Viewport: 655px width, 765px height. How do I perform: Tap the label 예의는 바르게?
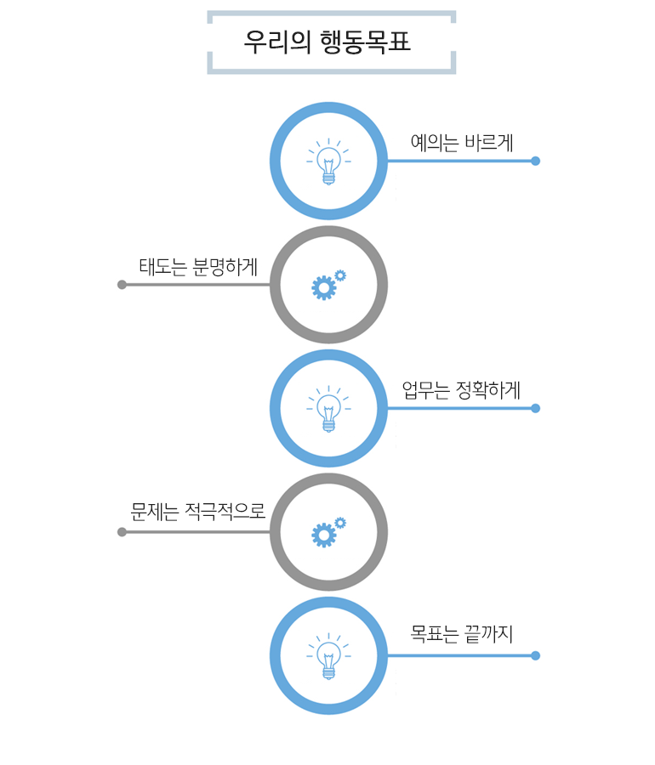(462, 143)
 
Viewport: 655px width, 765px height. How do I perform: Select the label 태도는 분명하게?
(198, 267)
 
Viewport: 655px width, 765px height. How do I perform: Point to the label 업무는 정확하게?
(461, 390)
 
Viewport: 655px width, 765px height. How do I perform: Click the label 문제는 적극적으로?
(198, 513)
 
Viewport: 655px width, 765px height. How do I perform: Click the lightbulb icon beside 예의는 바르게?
(328, 161)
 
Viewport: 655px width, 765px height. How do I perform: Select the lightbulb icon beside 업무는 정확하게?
(328, 408)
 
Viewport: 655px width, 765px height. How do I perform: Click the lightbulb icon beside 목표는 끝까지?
(328, 655)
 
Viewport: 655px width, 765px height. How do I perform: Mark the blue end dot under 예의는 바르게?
(535, 161)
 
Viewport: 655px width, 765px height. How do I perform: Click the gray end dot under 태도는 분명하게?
(122, 285)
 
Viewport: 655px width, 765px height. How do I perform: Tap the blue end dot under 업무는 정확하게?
(535, 408)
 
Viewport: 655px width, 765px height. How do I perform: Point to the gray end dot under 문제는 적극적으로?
(122, 532)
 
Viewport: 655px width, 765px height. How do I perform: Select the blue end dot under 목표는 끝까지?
(535, 655)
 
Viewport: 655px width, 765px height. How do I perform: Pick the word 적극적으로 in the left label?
(225, 513)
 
